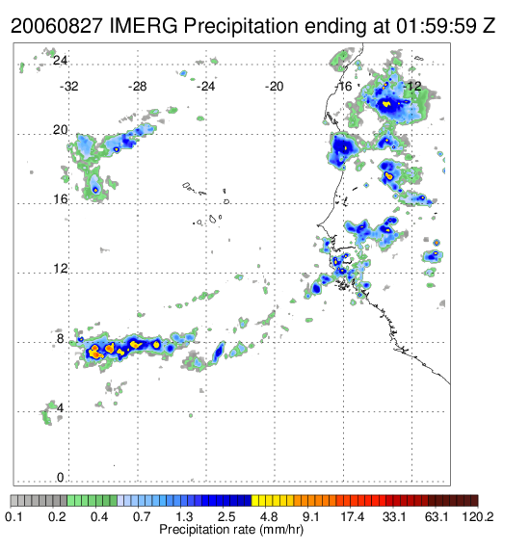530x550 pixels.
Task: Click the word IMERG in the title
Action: tap(144, 26)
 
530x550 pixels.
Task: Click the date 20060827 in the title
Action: tap(57, 26)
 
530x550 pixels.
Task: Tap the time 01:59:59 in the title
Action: tap(437, 26)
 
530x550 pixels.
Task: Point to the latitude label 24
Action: tap(60, 61)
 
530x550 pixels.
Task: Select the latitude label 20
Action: tap(60, 130)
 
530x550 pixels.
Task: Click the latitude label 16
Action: tap(60, 199)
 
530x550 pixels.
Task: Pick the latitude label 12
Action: tap(60, 269)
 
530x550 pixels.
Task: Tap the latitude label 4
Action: tap(61, 408)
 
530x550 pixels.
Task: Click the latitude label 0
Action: tap(61, 478)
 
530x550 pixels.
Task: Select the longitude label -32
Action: tap(68, 87)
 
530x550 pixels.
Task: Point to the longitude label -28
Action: tap(137, 87)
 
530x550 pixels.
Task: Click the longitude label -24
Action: tap(205, 87)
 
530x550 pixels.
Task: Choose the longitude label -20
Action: tap(274, 87)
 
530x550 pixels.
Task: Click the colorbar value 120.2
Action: tap(478, 516)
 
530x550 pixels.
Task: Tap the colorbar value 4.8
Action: tap(269, 516)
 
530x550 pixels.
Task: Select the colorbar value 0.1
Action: tap(14, 516)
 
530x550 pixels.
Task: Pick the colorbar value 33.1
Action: tap(394, 516)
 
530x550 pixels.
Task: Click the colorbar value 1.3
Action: tap(184, 516)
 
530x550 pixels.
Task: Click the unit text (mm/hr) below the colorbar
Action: tap(281, 529)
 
